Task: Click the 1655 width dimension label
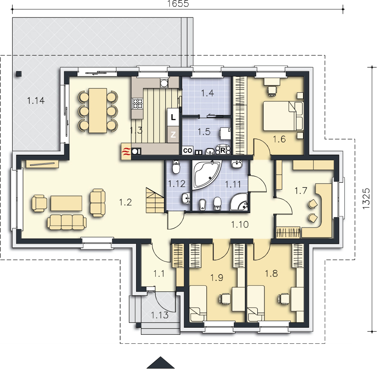178,4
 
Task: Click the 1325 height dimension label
366,198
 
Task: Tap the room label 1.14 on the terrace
36,101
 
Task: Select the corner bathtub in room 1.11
207,175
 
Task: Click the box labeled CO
187,150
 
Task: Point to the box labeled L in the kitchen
173,117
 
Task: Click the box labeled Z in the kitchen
173,135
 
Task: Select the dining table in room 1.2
98,110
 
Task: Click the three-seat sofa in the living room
67,222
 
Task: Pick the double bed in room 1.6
283,116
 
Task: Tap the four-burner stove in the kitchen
138,104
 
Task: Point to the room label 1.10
240,225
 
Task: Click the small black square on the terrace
19,74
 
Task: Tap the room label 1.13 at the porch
159,315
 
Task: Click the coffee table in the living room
66,203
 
